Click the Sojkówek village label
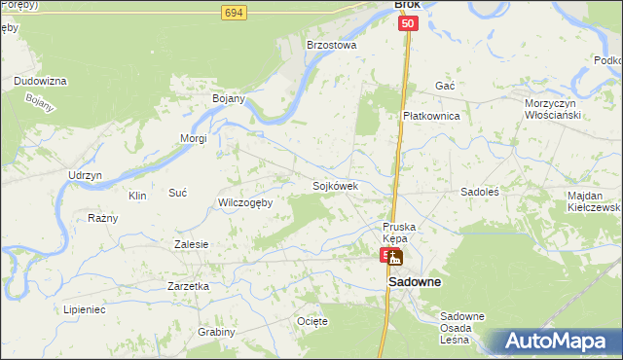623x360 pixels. click(x=336, y=186)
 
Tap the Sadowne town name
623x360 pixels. click(x=415, y=282)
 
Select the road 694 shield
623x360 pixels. click(x=233, y=12)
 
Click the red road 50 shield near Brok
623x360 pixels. click(x=408, y=23)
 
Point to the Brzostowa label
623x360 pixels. click(x=332, y=45)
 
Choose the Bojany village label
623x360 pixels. click(x=228, y=99)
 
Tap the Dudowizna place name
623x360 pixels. click(x=40, y=81)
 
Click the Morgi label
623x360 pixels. click(x=193, y=138)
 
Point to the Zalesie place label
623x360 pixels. click(x=191, y=244)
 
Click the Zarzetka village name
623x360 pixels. click(x=189, y=286)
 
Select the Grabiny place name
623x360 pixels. click(x=217, y=332)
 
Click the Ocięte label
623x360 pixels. click(x=312, y=321)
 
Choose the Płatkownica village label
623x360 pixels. click(x=431, y=116)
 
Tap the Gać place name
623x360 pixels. click(x=446, y=86)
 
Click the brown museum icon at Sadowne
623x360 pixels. click(x=395, y=259)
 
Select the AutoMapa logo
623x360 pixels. click(x=559, y=341)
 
